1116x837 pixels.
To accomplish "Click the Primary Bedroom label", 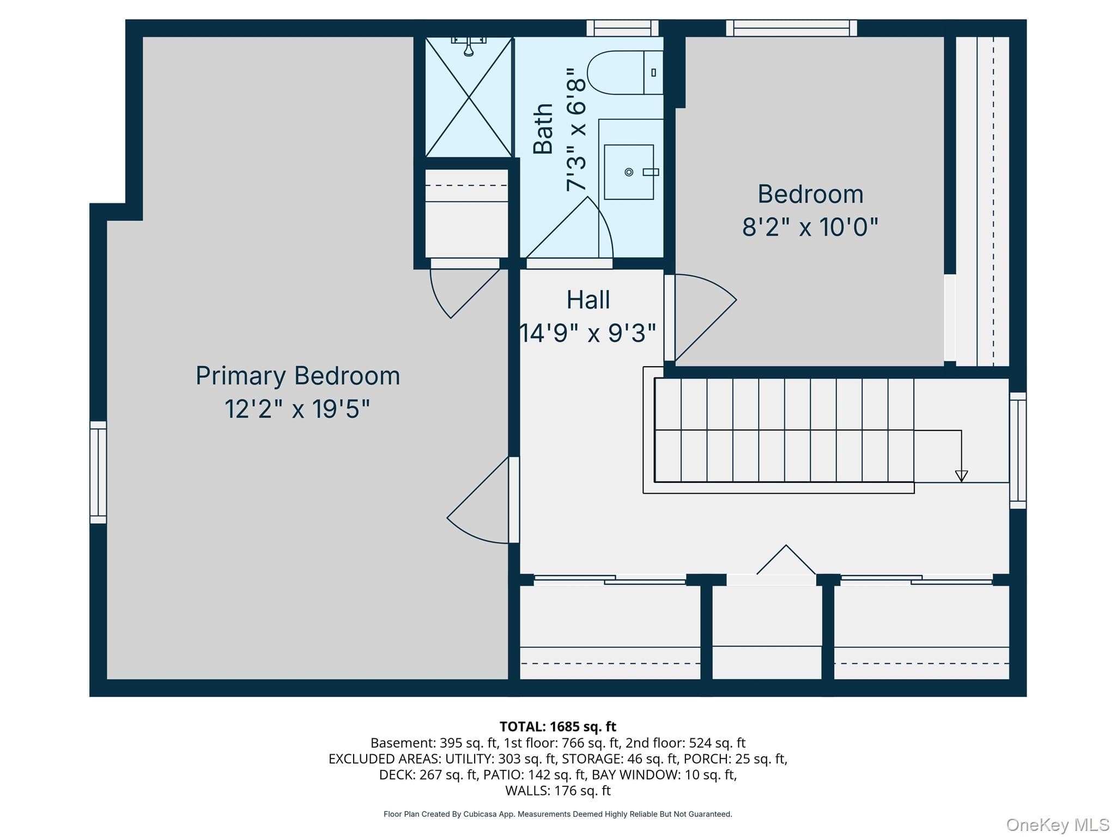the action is pos(298,377).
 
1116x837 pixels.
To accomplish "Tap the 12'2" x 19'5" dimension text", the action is pos(298,409).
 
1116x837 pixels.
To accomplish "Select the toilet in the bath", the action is pos(625,72).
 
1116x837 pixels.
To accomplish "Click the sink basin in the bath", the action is pos(629,172).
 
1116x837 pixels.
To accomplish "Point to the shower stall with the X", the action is pos(469,97).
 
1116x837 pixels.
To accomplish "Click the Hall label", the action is pos(588,300).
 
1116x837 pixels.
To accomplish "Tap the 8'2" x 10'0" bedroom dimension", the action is pos(810,227).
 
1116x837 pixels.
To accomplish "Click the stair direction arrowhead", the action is pos(961,476).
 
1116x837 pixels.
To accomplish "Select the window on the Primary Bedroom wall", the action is pos(98,472).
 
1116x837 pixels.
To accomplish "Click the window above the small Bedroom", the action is pos(791,28).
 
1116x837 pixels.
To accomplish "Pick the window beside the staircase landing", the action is pos(1018,450).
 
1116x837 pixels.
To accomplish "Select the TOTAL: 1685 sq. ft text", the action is pos(557,726).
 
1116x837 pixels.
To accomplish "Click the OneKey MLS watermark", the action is pos(1058,825).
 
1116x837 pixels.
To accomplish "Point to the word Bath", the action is pos(543,129).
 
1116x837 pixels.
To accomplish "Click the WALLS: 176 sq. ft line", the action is pos(557,790).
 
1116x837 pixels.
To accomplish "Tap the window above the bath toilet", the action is pos(622,28).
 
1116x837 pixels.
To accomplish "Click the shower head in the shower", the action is pos(469,46).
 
